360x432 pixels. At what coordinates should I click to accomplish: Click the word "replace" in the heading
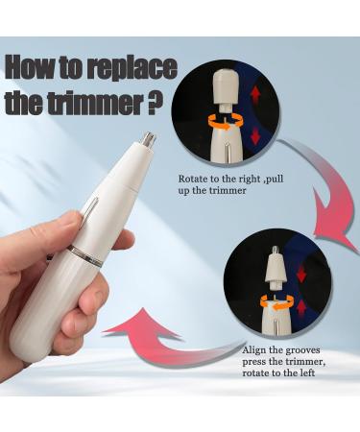pyautogui.click(x=127, y=70)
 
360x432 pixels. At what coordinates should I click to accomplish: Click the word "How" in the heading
pyautogui.click(x=34, y=70)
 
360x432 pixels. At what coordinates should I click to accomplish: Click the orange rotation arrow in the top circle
pyautogui.click(x=226, y=123)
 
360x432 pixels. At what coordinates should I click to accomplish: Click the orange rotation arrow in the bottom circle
pyautogui.click(x=275, y=301)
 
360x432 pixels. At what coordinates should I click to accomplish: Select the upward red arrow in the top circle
pyautogui.click(x=254, y=93)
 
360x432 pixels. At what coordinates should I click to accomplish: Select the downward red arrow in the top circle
pyautogui.click(x=254, y=136)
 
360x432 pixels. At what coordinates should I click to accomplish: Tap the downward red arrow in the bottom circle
pyautogui.click(x=300, y=274)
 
